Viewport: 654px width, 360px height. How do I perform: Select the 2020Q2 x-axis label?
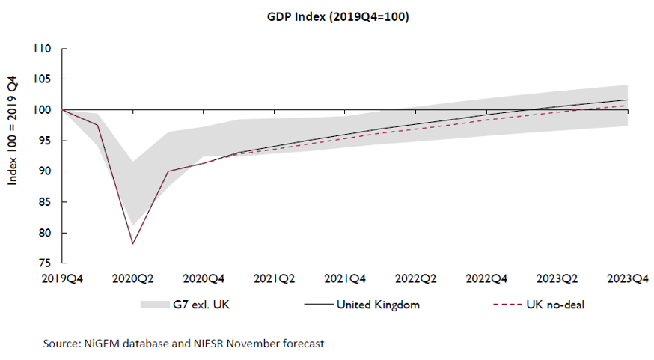pyautogui.click(x=132, y=278)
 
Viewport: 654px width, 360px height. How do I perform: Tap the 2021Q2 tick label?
pyautogui.click(x=275, y=278)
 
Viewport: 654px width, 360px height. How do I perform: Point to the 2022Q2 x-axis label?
pyautogui.click(x=417, y=278)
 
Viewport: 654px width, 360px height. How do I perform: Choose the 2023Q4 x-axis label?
pyautogui.click(x=627, y=278)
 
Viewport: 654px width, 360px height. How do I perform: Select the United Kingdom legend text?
pyautogui.click(x=378, y=305)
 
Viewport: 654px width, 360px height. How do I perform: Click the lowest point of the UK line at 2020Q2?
pyautogui.click(x=133, y=243)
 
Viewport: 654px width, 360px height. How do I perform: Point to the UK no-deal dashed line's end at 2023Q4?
pyautogui.click(x=627, y=106)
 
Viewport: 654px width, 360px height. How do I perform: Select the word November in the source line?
pyautogui.click(x=256, y=344)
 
